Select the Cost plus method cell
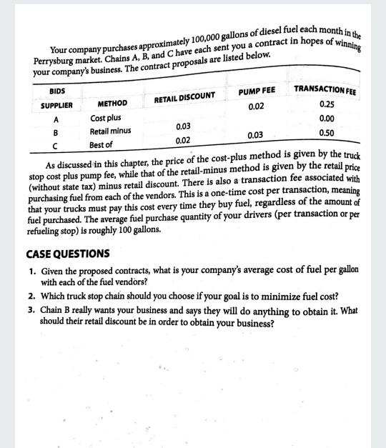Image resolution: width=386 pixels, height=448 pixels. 106,117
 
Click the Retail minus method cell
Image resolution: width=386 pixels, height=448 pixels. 110,131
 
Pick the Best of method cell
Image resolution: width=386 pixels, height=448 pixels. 101,145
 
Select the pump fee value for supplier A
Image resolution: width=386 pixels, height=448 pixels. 256,106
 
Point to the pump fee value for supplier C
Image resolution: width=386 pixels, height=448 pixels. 255,135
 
